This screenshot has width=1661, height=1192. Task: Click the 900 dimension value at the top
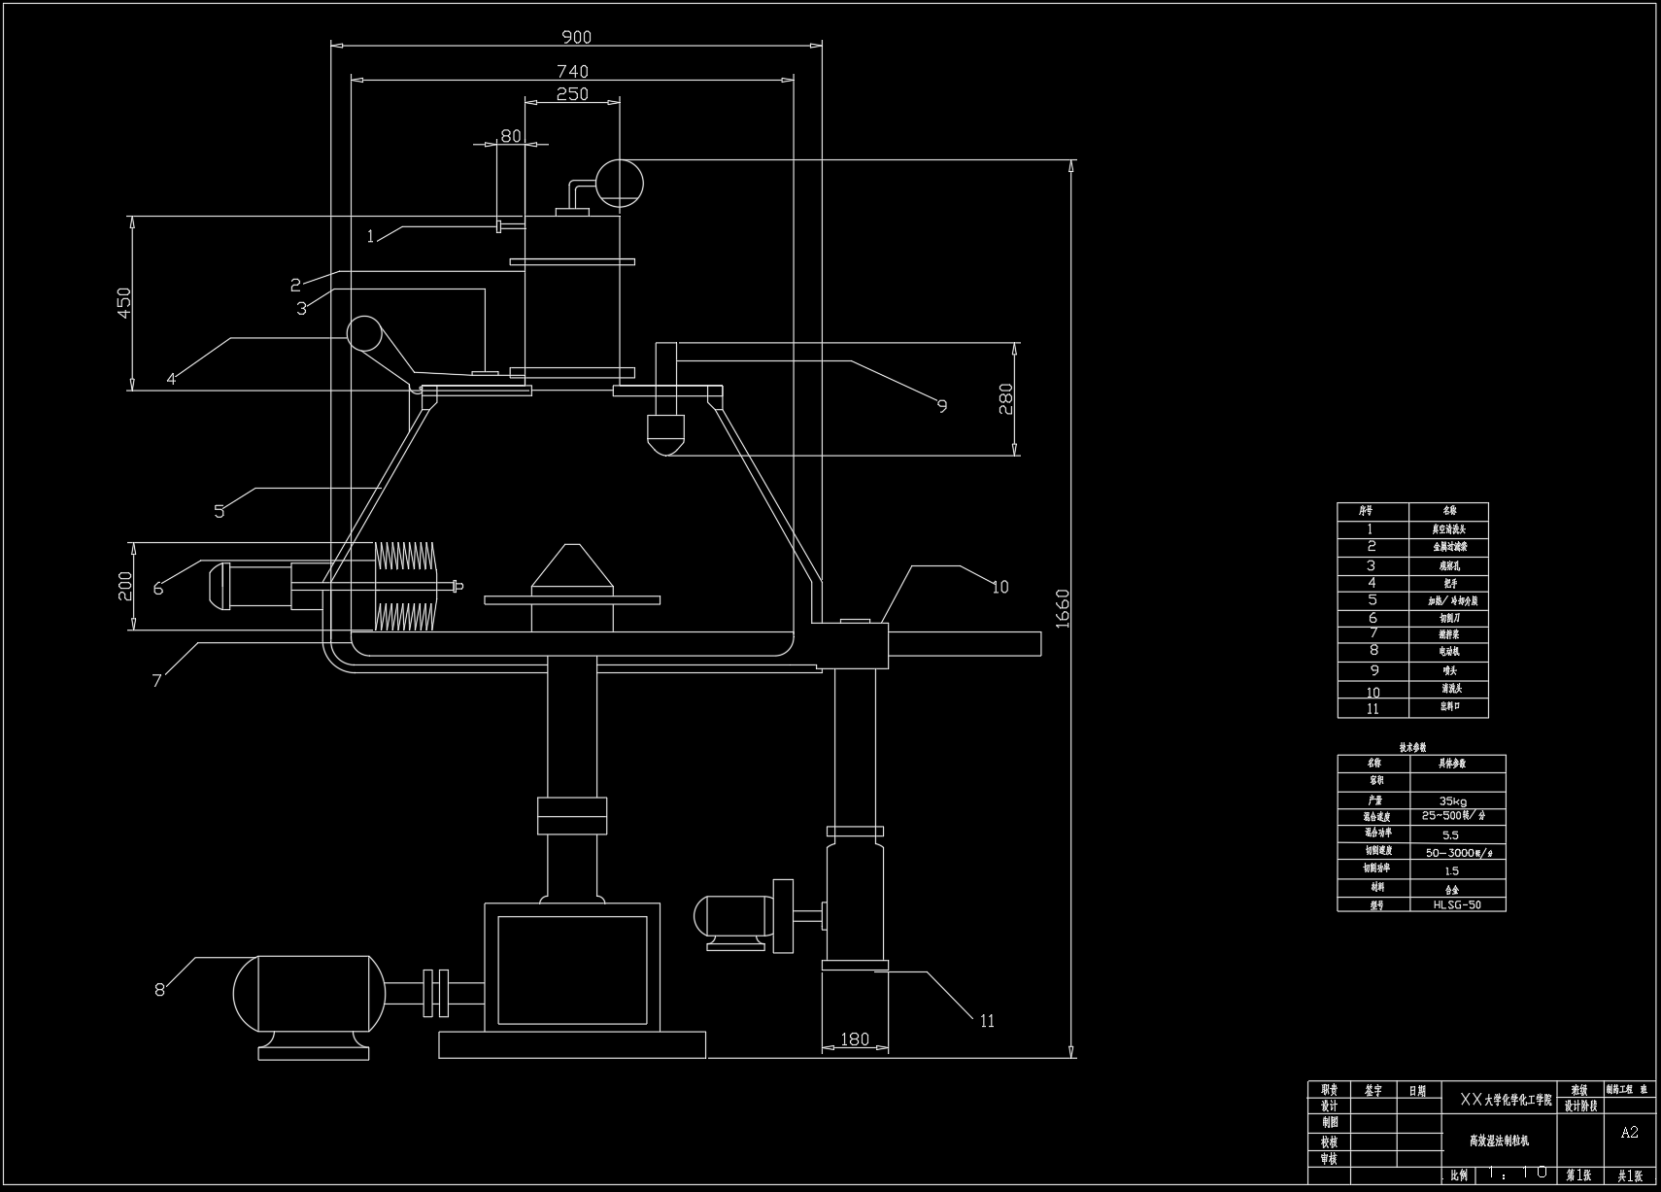tap(576, 38)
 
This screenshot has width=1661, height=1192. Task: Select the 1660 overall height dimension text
tap(1062, 608)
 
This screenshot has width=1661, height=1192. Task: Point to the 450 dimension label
tap(123, 302)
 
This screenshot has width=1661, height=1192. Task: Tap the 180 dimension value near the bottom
tap(854, 1039)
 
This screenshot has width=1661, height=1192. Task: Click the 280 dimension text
tap(1005, 398)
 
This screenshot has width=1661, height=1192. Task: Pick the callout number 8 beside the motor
tap(159, 990)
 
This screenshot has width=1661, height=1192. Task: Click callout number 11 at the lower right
tap(987, 1020)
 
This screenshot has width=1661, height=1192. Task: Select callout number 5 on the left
tap(220, 511)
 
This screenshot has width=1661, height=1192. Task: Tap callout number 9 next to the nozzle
tap(941, 406)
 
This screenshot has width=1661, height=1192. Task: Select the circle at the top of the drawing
tap(619, 182)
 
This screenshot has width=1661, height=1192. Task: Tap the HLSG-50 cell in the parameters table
tap(1457, 904)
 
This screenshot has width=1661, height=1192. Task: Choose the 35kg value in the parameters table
tap(1453, 800)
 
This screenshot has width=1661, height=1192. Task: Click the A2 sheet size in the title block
tap(1629, 1132)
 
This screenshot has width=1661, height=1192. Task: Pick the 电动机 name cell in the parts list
tap(1449, 652)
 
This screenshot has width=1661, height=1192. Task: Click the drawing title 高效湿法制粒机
tap(1498, 1141)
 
